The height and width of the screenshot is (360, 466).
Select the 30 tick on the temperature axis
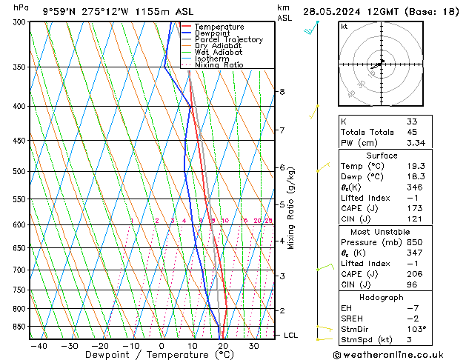[253, 345]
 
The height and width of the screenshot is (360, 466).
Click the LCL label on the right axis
[290, 336]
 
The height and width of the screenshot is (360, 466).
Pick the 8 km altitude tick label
[282, 92]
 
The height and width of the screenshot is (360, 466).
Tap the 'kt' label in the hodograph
[344, 26]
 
